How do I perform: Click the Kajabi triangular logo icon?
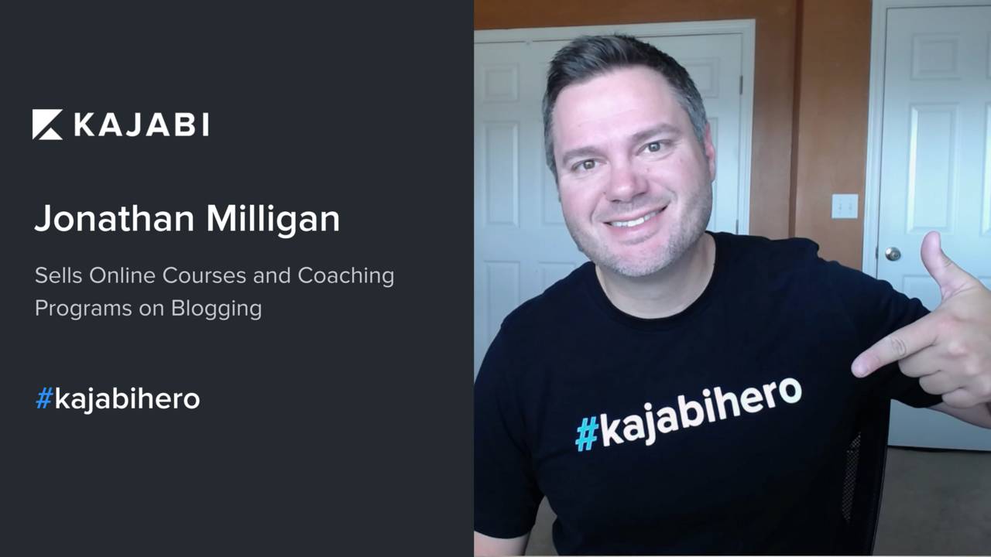[x=47, y=125]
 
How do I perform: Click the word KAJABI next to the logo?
[x=142, y=125]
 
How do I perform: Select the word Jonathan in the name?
[x=115, y=218]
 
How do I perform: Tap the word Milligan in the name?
[x=273, y=219]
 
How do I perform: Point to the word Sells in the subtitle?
[x=58, y=275]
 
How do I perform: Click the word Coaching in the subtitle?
[x=346, y=276]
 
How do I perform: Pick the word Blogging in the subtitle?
[x=216, y=309]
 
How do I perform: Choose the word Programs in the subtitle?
[x=84, y=309]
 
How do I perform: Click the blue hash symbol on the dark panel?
[x=44, y=398]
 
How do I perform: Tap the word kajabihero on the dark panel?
[x=128, y=399]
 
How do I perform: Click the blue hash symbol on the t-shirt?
[x=587, y=435]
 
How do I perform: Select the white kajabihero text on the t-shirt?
[x=701, y=411]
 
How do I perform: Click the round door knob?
[x=893, y=254]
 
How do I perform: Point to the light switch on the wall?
[x=845, y=206]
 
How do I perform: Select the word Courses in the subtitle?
[x=204, y=276]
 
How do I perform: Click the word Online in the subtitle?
[x=122, y=275]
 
